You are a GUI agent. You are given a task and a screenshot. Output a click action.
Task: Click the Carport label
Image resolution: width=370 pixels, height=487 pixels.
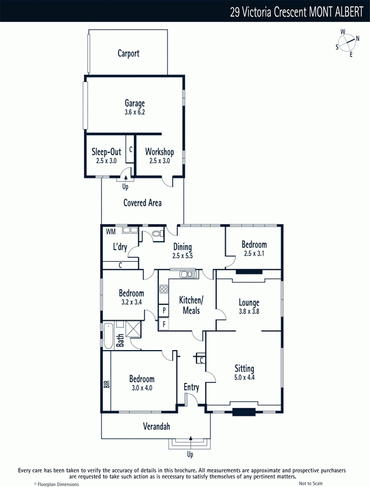tap(128, 54)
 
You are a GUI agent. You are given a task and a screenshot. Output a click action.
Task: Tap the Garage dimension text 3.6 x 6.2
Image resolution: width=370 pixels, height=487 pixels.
tap(134, 112)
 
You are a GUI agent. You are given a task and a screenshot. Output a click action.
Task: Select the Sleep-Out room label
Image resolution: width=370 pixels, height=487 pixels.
tap(106, 152)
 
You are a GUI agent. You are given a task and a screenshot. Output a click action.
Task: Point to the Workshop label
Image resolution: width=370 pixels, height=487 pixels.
tap(159, 152)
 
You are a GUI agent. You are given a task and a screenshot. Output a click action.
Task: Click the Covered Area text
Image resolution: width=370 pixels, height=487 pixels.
tap(142, 203)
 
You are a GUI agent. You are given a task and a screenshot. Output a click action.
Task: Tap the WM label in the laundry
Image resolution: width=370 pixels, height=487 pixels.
tap(111, 232)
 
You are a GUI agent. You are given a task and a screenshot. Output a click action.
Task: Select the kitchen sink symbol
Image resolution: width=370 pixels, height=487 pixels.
tap(189, 274)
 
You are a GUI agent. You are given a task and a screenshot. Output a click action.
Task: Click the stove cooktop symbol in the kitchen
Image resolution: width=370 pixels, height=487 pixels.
tap(164, 289)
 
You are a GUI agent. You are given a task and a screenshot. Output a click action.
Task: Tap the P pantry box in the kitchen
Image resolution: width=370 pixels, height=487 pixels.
tap(164, 310)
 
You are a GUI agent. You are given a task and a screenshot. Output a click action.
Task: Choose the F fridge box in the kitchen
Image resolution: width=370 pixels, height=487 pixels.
tap(164, 324)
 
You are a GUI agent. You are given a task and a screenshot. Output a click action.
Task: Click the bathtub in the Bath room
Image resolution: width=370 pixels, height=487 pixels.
tap(108, 336)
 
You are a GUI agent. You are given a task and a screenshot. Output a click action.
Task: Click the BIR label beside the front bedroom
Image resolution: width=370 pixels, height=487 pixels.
tap(106, 384)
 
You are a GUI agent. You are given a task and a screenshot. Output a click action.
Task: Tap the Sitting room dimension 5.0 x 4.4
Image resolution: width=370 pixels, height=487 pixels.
tap(244, 377)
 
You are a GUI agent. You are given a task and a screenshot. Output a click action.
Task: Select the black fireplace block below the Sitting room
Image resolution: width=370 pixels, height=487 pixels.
tap(244, 412)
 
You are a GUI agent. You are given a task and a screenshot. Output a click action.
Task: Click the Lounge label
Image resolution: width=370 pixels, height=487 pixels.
tap(249, 302)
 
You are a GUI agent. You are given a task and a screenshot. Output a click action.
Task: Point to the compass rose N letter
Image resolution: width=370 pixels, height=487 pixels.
tap(358, 38)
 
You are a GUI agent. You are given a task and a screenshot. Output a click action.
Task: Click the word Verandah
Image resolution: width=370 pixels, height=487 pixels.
tap(156, 426)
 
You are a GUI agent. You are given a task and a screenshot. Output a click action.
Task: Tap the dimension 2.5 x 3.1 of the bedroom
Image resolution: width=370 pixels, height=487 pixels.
tap(254, 253)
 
